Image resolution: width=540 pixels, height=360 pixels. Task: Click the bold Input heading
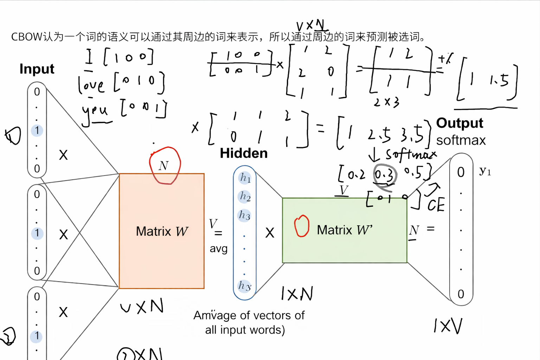coord(37,69)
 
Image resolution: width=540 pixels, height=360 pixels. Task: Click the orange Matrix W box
coord(162,231)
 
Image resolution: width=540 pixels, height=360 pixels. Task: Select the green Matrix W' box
coord(345,230)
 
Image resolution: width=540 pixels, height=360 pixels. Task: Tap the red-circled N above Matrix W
coord(164,166)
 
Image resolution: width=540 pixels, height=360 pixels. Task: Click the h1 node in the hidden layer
coord(245,178)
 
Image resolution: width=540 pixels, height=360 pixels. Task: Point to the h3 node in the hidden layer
coord(245,215)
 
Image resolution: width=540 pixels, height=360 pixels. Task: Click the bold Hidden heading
coord(244,153)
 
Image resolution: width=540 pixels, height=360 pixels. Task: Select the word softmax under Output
coord(461,140)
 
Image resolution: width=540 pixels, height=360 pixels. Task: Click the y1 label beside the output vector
coord(485,171)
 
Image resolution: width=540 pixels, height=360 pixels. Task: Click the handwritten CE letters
coord(436,205)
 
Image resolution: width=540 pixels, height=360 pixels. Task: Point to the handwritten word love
coord(91,85)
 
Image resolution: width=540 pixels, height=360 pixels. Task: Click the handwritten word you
coord(95,110)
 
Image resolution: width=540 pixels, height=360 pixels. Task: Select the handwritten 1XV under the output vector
coord(448,326)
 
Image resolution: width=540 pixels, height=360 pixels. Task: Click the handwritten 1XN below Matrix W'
coord(297,294)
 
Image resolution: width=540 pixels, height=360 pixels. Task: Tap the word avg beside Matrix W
coord(219,249)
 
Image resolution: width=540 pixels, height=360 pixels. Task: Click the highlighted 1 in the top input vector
coord(37,130)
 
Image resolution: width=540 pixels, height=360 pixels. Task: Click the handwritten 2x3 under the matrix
coord(386,102)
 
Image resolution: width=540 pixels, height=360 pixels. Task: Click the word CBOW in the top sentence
coord(27,37)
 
